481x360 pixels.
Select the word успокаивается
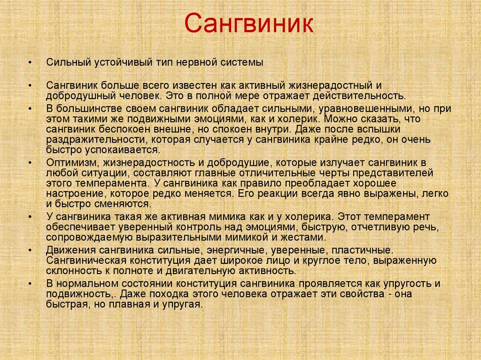126,150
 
